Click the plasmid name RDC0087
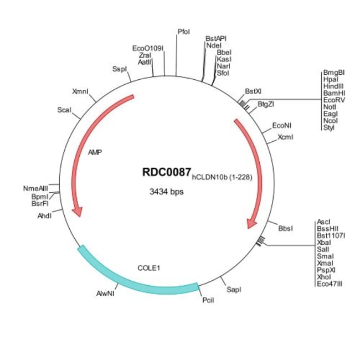click(167, 173)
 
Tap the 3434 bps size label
click(166, 192)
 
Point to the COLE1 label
click(148, 268)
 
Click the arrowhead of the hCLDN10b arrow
click(251, 222)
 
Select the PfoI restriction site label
click(183, 32)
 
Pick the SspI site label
click(119, 69)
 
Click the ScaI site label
click(64, 110)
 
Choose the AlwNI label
click(105, 293)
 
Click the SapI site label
click(234, 289)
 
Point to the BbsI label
click(286, 228)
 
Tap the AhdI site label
click(44, 215)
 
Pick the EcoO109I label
click(148, 49)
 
